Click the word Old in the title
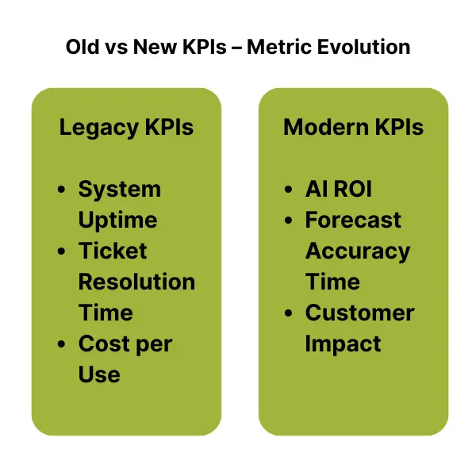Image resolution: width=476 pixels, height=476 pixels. click(83, 47)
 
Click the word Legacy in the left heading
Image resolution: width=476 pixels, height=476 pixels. click(99, 128)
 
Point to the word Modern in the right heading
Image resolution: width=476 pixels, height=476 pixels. click(326, 127)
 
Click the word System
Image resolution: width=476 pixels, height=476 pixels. click(120, 190)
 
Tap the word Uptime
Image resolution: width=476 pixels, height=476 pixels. click(117, 221)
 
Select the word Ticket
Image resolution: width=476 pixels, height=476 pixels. click(113, 251)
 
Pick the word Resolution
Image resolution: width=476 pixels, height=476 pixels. click(136, 282)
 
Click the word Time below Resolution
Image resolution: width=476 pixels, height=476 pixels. click(106, 313)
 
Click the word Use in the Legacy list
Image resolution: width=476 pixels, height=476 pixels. click(99, 374)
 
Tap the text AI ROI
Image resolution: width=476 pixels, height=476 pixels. click(339, 189)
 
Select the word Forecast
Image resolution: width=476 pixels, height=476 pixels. click(353, 220)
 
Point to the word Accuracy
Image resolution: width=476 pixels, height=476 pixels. click(358, 252)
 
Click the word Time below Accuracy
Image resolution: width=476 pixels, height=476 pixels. click(332, 282)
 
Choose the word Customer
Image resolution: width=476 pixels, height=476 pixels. click(359, 313)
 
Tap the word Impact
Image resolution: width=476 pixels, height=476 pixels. click(343, 344)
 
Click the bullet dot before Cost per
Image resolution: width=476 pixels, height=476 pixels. click(61, 344)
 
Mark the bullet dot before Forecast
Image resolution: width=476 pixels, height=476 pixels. click(289, 220)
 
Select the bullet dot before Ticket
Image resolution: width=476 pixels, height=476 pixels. click(61, 251)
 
